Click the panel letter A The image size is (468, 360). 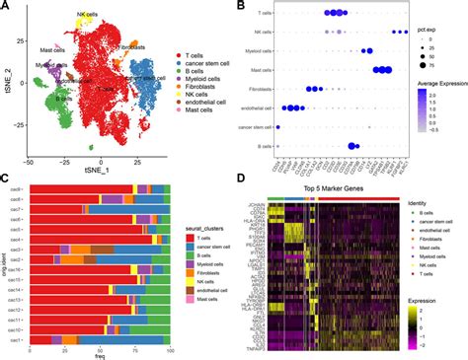coord(6,8)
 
